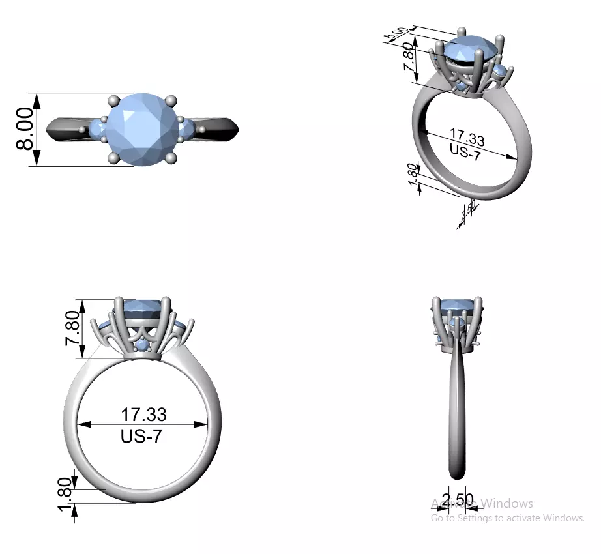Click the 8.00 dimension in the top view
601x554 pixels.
[x=25, y=129]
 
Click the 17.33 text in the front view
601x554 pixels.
[x=143, y=414]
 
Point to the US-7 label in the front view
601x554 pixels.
[x=141, y=436]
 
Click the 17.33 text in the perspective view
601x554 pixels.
[x=467, y=139]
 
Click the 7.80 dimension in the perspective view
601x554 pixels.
[x=409, y=59]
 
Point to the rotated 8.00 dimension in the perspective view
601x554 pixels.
[x=396, y=33]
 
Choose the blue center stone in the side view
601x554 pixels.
[x=457, y=307]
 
